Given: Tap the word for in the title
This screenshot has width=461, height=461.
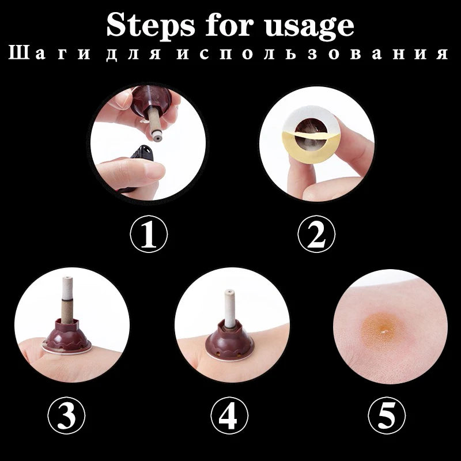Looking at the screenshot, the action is pos(229,24).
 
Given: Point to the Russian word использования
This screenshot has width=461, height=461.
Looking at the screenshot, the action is pos(312,53).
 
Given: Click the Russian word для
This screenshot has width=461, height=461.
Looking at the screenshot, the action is pos(133,54).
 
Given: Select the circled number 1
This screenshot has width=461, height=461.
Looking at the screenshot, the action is pos(149,234).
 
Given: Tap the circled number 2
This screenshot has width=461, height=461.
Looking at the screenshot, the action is pos(316,234).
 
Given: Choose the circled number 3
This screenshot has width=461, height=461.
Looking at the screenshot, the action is pos(66,415).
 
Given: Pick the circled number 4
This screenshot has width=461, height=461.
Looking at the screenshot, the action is pos(229,415).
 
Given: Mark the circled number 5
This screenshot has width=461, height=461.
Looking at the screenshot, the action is pos(387,415).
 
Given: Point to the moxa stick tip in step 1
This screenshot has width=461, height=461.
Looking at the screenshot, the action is pos(156,137).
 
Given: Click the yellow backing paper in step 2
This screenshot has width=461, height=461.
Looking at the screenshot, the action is pos(312,147).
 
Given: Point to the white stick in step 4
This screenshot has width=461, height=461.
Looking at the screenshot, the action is pos(230,308).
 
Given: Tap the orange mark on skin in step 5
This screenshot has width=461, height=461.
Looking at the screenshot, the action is pos(381,328).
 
